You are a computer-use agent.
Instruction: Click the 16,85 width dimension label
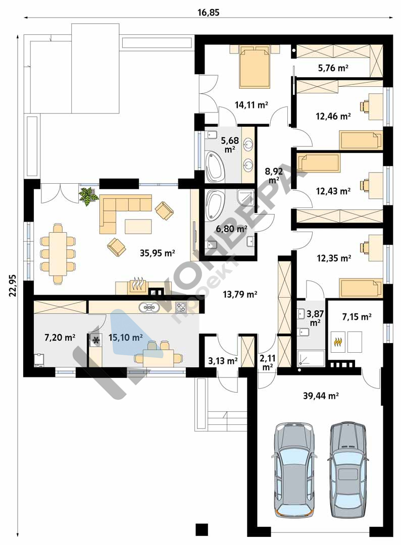[x=208, y=13]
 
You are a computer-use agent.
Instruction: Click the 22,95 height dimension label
[x=13, y=285]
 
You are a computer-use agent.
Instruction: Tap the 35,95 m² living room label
[x=157, y=253]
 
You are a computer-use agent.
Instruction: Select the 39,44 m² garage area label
[x=321, y=396]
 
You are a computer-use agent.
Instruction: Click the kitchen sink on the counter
[x=149, y=307]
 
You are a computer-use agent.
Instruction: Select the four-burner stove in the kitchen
[x=181, y=307]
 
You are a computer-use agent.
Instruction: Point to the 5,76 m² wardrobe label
[x=333, y=68]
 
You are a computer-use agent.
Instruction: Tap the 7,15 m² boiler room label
[x=357, y=316]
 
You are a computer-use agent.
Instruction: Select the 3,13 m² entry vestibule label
[x=223, y=361]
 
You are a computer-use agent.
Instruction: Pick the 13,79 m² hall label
[x=240, y=295]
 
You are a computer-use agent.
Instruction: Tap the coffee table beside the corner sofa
[x=138, y=226]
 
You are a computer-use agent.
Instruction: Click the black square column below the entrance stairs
[x=202, y=529]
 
